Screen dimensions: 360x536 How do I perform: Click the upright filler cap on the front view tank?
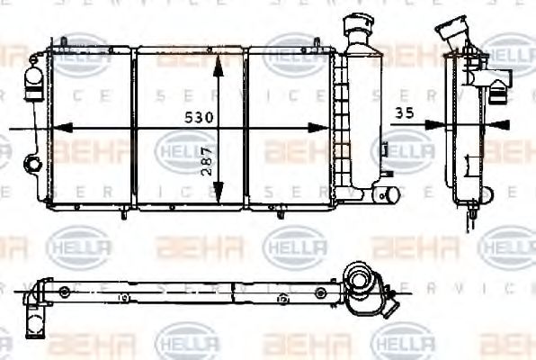point(358,33)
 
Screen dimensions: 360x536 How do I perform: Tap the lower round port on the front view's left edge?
point(33,164)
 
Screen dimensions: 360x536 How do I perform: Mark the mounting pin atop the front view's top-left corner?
point(65,42)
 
